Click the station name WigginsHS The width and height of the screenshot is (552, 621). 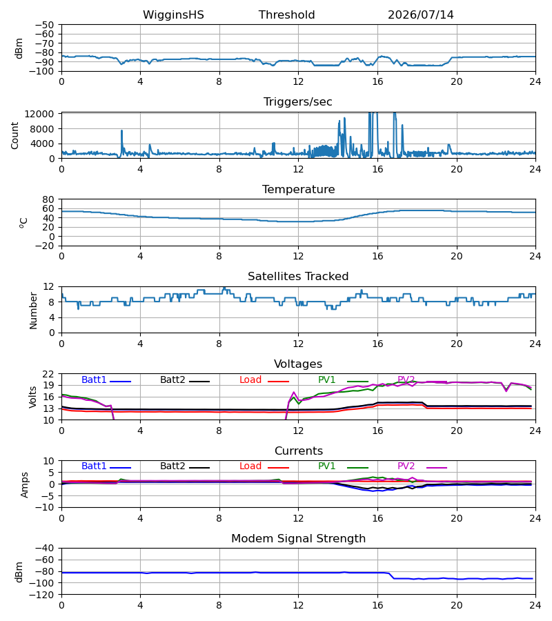click(x=173, y=15)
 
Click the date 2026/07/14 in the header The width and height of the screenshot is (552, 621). click(x=420, y=15)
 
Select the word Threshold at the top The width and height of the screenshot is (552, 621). click(x=286, y=15)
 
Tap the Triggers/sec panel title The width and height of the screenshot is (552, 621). click(x=298, y=102)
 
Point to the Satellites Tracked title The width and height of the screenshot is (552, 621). click(x=298, y=277)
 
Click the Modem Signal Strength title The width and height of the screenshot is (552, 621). click(x=298, y=539)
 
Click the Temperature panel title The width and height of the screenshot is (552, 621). click(x=298, y=189)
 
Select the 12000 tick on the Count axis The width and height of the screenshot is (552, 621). click(x=39, y=114)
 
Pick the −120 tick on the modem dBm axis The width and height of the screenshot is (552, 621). click(x=44, y=595)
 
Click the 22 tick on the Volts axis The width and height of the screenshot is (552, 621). click(x=48, y=374)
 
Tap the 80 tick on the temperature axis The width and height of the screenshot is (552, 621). click(x=48, y=199)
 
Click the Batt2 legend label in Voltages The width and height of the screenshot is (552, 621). click(x=172, y=379)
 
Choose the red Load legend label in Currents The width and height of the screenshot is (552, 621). click(x=250, y=466)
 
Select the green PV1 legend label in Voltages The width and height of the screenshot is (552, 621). click(x=326, y=379)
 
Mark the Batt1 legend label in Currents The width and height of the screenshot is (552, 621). click(x=94, y=466)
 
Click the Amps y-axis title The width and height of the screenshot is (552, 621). click(x=25, y=484)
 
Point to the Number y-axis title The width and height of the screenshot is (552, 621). click(x=33, y=310)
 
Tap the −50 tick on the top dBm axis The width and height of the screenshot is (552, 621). click(x=44, y=25)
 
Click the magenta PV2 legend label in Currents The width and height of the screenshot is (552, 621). click(x=406, y=466)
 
